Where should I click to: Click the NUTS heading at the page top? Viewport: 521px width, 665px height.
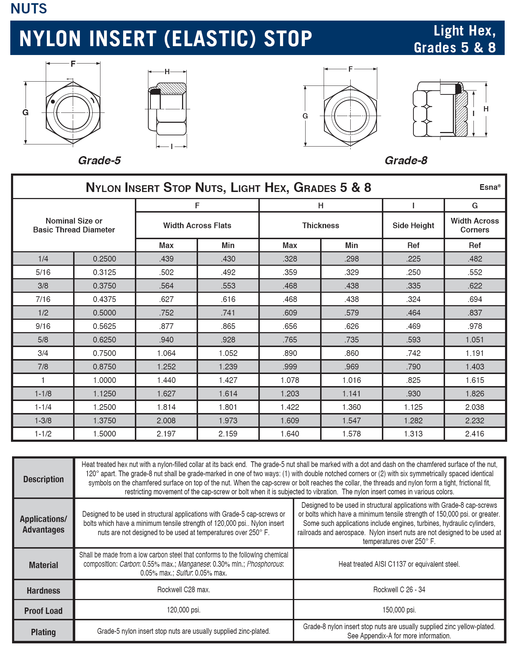coord(29,9)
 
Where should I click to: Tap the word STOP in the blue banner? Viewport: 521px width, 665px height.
coord(288,39)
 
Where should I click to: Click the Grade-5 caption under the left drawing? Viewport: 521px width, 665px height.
coord(99,160)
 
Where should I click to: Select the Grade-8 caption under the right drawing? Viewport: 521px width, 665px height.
coord(406,160)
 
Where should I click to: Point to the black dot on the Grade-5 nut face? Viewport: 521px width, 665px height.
coord(53,101)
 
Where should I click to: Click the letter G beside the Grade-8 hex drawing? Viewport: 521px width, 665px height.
coord(305,116)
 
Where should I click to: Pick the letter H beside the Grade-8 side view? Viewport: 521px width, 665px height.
coord(486,109)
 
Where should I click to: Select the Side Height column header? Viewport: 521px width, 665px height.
coord(413,225)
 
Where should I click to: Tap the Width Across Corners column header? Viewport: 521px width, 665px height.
coord(475,225)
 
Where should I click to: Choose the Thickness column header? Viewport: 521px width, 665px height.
coord(320,225)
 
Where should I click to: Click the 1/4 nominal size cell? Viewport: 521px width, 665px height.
coord(43,259)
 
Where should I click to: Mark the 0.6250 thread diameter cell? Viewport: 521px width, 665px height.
coord(104,340)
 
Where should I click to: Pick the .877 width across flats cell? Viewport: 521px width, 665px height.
coord(166,326)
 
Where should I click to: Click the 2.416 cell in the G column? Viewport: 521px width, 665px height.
coord(475,434)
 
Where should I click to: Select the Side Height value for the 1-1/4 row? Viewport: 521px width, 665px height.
coord(413,407)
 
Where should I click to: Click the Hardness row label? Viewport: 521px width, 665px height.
coord(43,590)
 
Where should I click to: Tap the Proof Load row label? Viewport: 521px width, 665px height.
coord(43,611)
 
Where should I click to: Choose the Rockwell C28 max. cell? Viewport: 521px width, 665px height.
coord(183,589)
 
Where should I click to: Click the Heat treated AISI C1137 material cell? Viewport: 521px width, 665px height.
coord(399,564)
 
